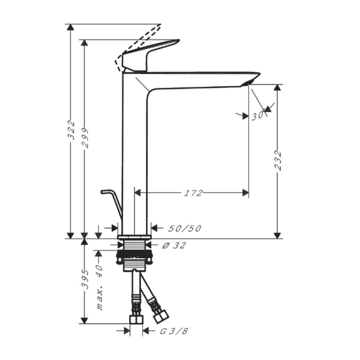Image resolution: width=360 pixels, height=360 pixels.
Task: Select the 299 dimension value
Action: click(85, 138)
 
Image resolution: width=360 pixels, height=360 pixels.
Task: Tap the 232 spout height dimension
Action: click(278, 160)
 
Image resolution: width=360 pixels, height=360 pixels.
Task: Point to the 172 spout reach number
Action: click(193, 193)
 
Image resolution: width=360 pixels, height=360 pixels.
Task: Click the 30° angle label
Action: click(258, 115)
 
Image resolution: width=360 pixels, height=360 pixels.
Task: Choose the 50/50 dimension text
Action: click(185, 229)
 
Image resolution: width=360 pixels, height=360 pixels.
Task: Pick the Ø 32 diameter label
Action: click(174, 245)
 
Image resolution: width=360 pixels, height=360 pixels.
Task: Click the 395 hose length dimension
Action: click(85, 279)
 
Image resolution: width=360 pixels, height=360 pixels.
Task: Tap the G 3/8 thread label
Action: click(174, 331)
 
